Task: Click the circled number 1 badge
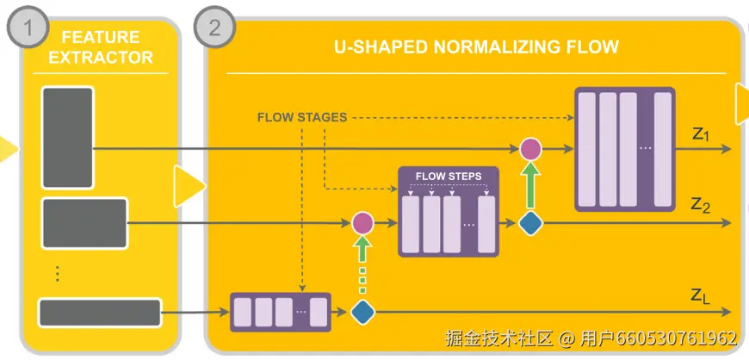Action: [29, 27]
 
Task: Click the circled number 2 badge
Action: [214, 27]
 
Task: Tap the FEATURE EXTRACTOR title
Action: [100, 47]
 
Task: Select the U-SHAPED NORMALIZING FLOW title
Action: [476, 47]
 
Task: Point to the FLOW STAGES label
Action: [302, 117]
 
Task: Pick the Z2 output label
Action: [700, 205]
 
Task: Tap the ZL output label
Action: [701, 295]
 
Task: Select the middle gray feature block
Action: [84, 223]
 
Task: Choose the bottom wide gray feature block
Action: [100, 312]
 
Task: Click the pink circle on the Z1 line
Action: [531, 149]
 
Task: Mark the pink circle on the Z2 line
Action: [363, 223]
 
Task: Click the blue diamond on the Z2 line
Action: [531, 224]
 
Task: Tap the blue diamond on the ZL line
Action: [363, 312]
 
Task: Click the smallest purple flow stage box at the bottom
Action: [281, 312]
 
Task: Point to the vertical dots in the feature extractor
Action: [57, 273]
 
